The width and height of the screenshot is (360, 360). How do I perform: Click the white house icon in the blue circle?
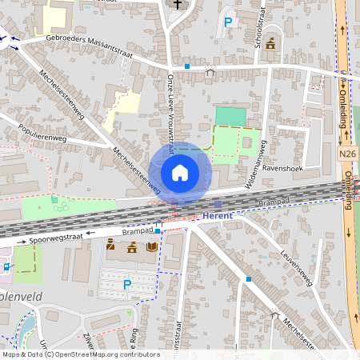tap(179, 172)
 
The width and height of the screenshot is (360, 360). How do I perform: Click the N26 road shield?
tap(346, 154)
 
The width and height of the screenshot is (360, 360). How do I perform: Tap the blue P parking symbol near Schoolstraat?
tap(229, 23)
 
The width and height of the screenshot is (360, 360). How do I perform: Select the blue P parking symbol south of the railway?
tap(126, 284)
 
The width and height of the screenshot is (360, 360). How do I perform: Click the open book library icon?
tap(152, 246)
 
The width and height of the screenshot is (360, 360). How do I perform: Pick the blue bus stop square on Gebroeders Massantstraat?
tap(186, 66)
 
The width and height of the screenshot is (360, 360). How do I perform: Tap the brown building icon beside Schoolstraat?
tap(270, 43)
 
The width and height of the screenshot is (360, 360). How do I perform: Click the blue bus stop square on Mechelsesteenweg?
tap(249, 279)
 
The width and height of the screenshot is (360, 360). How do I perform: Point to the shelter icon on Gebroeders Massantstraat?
tap(210, 72)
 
